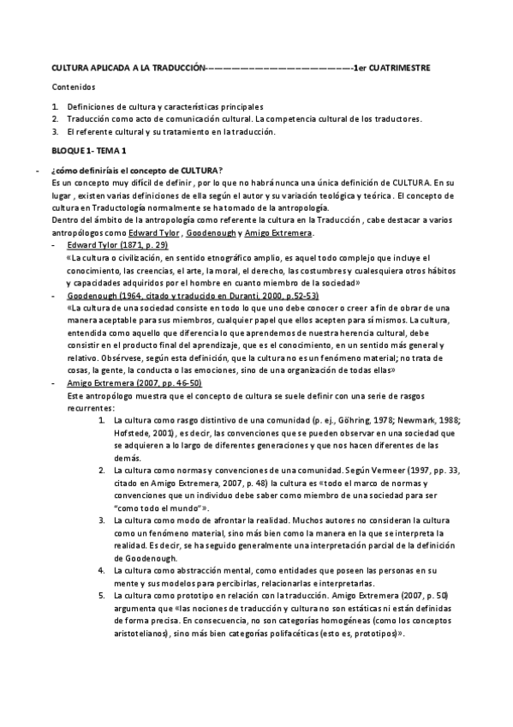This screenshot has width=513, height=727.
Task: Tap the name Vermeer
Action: click(386, 471)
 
